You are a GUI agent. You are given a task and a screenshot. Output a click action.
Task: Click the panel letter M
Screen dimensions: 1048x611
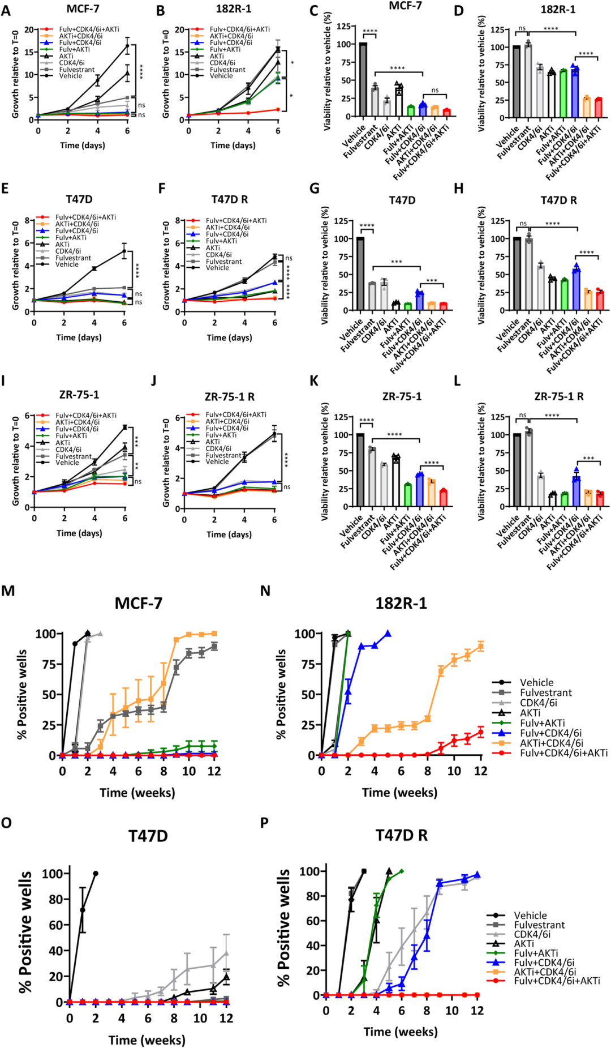tap(8, 591)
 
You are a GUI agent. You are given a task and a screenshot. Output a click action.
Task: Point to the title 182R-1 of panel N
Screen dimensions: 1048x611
tap(401, 604)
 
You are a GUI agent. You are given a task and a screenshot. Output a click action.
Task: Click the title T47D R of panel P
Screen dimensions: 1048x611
tap(401, 836)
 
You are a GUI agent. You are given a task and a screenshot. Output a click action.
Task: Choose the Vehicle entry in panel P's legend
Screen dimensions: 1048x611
tap(530, 915)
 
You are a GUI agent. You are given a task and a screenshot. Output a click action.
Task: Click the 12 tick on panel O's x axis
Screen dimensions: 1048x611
tap(226, 1018)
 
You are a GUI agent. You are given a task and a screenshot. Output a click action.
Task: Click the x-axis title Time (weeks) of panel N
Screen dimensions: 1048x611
tap(399, 793)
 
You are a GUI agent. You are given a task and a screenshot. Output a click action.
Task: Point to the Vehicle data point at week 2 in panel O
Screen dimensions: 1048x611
tap(96, 874)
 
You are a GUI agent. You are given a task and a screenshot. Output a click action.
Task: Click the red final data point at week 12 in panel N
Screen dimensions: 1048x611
tap(481, 732)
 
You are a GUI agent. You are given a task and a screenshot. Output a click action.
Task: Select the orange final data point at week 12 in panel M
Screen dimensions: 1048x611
tap(214, 634)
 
